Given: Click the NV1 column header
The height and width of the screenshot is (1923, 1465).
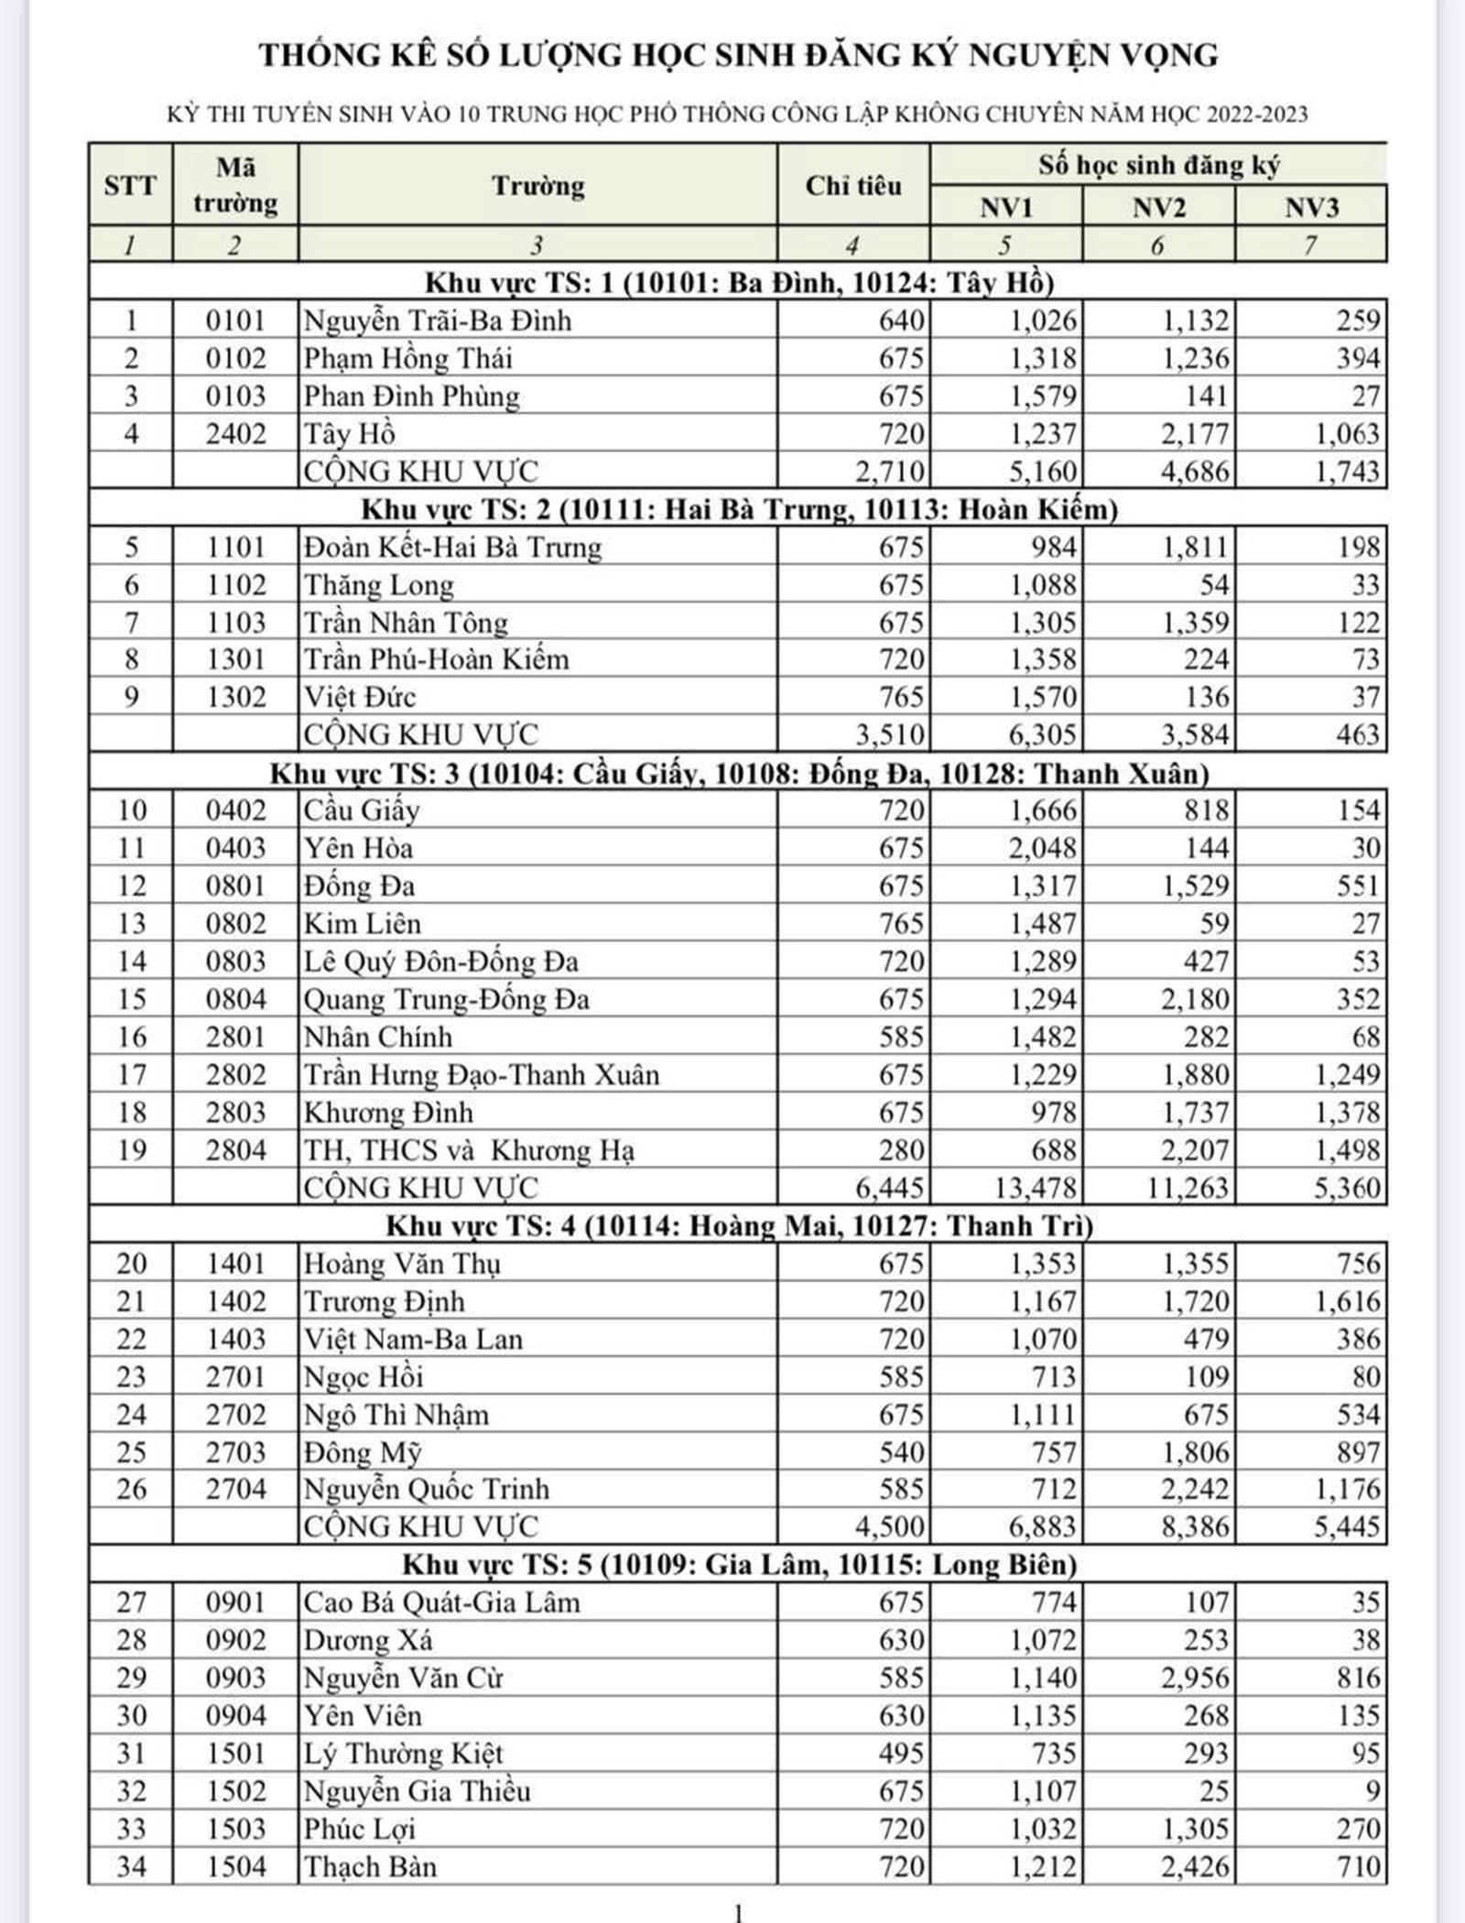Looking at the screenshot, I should tap(1005, 207).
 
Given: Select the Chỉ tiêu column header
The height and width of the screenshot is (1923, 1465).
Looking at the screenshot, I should tap(852, 186).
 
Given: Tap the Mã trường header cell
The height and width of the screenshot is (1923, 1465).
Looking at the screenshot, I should tap(235, 186).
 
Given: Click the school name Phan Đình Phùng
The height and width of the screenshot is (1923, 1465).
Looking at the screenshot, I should tap(412, 397).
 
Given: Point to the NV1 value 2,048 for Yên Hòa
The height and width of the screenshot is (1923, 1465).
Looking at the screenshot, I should tap(1043, 848).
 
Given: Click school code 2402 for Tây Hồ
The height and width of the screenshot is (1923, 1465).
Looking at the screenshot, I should tap(235, 434).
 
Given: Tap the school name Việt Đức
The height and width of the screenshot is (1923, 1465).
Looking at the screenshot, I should tap(360, 698).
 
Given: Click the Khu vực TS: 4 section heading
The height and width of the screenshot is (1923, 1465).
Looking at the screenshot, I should tap(739, 1225).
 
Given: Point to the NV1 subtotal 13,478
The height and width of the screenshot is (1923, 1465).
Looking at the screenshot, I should tap(1035, 1188).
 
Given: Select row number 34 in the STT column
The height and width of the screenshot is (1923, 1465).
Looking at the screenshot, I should tap(131, 1866).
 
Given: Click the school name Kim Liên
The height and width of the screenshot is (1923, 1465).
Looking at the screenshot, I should tap(363, 924).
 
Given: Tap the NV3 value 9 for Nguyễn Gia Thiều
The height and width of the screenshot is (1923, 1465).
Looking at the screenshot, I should tap(1371, 1791).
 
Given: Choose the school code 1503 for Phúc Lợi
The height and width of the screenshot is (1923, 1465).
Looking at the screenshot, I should tap(235, 1829).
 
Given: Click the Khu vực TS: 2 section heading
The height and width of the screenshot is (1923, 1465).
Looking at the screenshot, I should tap(739, 509).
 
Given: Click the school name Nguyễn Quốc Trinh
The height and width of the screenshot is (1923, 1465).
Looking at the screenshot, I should tap(427, 1490).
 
